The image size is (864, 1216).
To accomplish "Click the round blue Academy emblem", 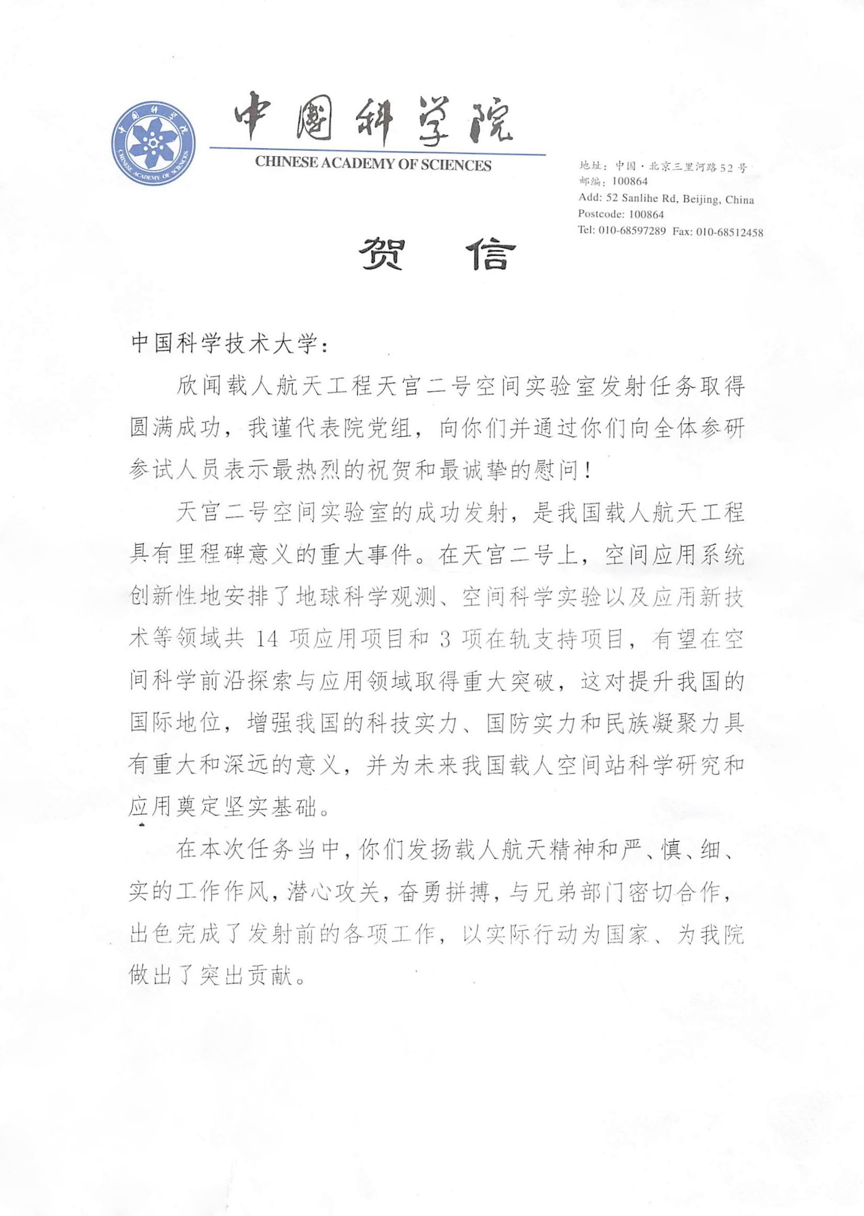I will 153,144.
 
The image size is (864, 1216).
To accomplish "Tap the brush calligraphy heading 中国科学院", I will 372,122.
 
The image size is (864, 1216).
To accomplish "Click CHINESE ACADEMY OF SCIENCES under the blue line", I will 373,165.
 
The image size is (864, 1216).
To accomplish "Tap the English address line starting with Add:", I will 666,201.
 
